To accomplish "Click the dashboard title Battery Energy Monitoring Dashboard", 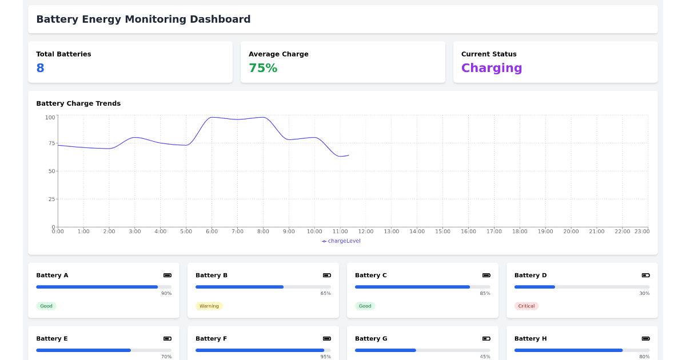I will click(143, 19).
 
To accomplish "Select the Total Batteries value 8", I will click(40, 68).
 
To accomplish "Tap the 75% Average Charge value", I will click(263, 68).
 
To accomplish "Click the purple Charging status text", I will click(492, 68).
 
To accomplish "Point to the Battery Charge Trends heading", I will click(78, 103).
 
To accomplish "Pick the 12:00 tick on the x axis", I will click(366, 231).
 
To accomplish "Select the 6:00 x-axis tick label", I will click(212, 231).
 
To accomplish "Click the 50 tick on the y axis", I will click(51, 171).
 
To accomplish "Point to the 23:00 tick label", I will click(641, 231).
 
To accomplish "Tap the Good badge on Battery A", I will click(46, 306).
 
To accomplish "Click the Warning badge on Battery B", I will click(209, 306).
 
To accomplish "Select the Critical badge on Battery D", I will click(527, 306).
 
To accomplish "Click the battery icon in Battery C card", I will click(486, 275).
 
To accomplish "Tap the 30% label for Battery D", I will click(644, 294).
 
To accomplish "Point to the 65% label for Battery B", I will click(325, 294).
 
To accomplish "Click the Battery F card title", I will click(211, 339).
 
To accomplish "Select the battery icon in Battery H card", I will click(645, 339).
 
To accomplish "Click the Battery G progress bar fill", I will click(385, 350).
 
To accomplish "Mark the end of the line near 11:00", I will click(348, 155).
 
